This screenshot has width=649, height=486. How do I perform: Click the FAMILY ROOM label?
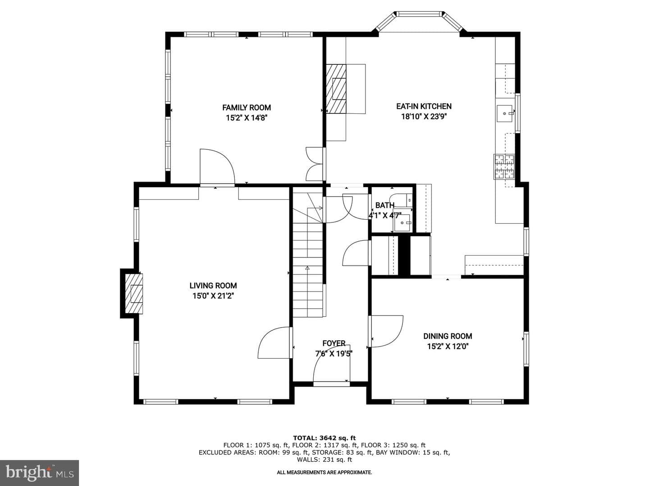(247, 108)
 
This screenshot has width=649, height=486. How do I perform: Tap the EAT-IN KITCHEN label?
(424, 106)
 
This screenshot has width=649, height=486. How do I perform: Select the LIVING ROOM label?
(213, 286)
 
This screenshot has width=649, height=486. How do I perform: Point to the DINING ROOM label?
(448, 336)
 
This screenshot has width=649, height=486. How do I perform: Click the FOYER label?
(334, 343)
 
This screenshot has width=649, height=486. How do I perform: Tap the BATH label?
(385, 205)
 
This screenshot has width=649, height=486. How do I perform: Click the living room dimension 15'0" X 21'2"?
(213, 296)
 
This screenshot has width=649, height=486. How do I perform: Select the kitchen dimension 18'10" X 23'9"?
(424, 117)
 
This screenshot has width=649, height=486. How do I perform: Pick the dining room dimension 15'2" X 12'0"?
(448, 346)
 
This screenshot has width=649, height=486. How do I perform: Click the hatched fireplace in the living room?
(134, 293)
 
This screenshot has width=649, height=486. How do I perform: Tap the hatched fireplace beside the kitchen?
(336, 89)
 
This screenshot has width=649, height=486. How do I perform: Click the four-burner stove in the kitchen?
(504, 166)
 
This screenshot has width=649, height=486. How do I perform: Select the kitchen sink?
(506, 113)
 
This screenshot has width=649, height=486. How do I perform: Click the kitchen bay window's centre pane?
(419, 13)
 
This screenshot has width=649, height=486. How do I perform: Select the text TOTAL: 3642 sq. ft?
(324, 438)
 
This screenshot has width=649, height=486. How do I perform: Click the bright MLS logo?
(39, 473)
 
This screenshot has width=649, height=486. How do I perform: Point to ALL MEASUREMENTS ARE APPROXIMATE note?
(324, 472)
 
